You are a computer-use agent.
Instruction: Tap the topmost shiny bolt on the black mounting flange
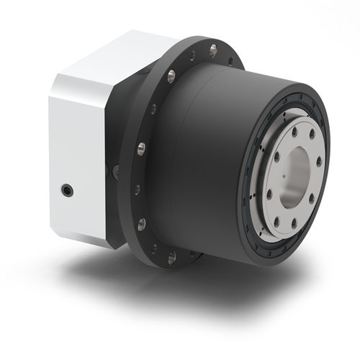pyautogui.click(x=212, y=49)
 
